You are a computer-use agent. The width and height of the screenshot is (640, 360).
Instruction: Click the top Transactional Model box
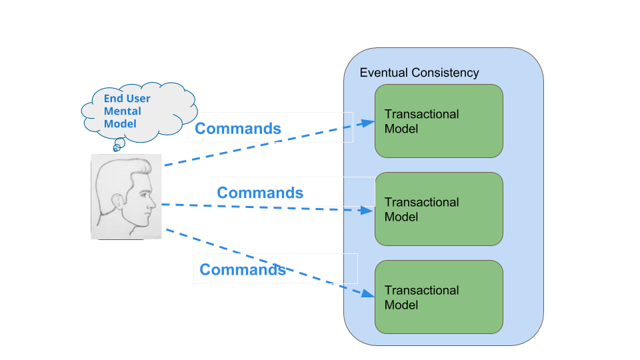439,121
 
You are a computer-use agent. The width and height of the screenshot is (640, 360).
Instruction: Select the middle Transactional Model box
439,209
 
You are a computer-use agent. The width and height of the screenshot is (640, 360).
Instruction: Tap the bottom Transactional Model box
439,297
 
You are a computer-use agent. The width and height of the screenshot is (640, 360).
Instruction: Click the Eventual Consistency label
419,73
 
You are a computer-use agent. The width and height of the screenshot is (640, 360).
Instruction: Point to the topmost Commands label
238,129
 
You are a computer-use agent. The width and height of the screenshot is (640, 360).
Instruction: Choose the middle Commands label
260,193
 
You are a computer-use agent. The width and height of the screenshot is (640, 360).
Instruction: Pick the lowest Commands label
243,269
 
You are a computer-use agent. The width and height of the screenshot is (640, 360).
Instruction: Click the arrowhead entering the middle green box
366,210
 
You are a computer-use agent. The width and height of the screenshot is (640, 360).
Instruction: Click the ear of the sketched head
117,201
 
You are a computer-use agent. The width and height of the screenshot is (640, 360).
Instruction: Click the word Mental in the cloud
123,111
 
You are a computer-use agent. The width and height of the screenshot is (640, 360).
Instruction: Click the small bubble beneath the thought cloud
119,143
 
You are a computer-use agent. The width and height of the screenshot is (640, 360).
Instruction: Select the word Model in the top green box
401,129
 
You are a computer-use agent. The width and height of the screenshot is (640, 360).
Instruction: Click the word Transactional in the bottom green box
421,290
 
